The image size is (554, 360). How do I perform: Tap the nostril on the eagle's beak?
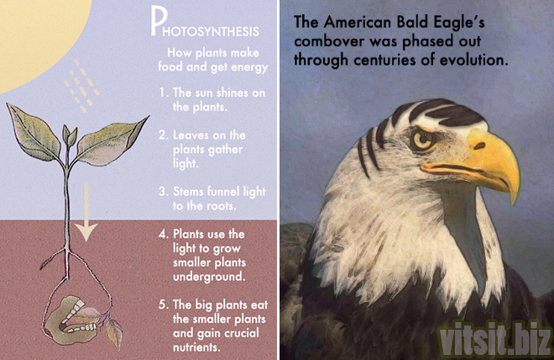[479, 146]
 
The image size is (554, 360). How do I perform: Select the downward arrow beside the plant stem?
[86, 213]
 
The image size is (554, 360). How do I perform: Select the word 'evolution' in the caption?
[473, 60]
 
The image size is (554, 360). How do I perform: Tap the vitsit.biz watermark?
[494, 339]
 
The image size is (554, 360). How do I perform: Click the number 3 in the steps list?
[163, 192]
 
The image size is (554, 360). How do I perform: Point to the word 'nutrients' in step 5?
[196, 347]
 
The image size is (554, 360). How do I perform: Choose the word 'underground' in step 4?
[209, 277]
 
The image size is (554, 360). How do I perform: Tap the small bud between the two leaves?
[70, 135]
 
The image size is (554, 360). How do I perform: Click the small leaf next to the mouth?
[114, 331]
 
